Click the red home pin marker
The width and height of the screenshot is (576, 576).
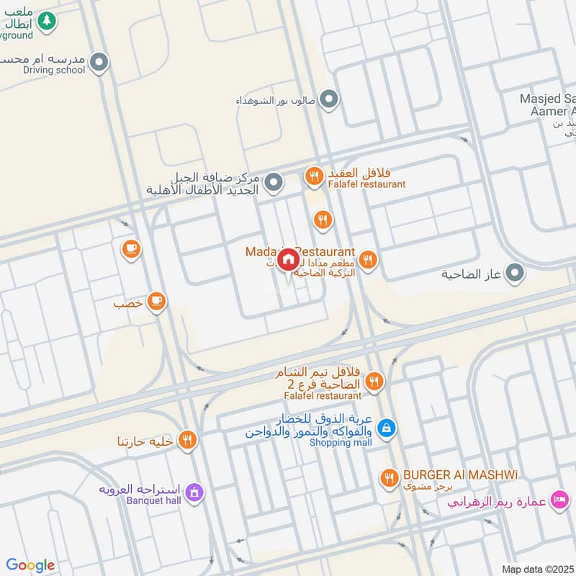pos(288,258)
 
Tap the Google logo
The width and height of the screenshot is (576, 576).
pos(30,565)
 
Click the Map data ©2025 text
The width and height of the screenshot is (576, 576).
pos(536,569)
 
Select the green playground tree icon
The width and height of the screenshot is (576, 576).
pos(47,21)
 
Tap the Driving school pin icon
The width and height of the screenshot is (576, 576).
pos(100,63)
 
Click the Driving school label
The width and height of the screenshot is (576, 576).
pos(54,70)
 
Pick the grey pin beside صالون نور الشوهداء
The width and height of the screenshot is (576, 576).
pos(329,99)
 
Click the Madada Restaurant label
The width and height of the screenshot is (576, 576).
pos(301,251)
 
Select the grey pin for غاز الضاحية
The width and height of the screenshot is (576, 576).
pos(515,274)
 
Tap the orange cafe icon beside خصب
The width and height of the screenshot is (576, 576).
pos(156,302)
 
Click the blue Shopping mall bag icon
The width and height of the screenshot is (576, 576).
pos(387,428)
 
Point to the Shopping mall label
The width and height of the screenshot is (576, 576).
pos(341,443)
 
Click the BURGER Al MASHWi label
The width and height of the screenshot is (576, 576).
pos(461,475)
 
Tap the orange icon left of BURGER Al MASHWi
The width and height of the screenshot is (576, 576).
pos(390,477)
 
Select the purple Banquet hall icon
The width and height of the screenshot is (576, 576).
pos(194,493)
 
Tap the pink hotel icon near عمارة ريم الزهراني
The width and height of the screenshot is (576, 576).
pos(559,499)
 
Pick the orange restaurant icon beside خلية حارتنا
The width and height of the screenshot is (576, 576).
pos(187,439)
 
